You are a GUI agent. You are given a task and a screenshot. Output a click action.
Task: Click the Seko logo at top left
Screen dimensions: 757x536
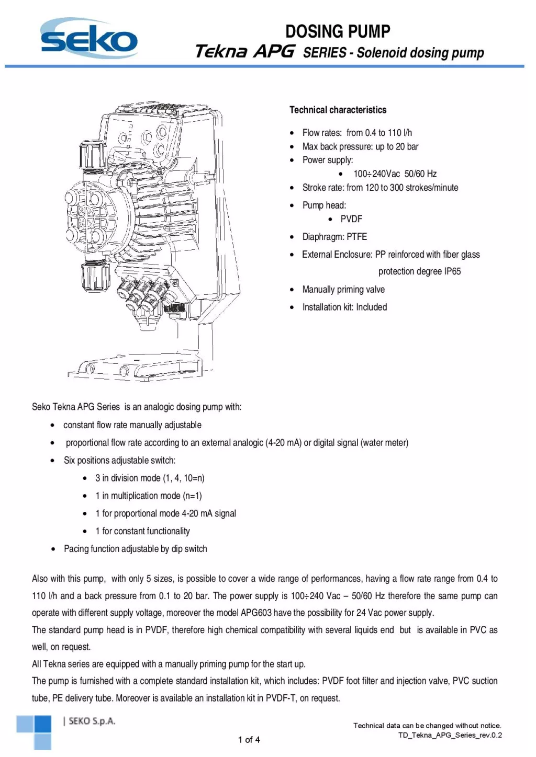coord(89,39)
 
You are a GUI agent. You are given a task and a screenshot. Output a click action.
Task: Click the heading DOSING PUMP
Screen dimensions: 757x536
coord(338,31)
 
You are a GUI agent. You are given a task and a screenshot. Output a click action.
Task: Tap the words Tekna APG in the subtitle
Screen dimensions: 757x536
coord(244,52)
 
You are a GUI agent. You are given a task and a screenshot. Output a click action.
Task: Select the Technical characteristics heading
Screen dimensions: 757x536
coord(338,110)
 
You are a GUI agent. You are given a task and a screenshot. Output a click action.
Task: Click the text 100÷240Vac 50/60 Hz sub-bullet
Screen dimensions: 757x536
coord(395,174)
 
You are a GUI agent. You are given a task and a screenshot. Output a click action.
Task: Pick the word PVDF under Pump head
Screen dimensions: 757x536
coord(351,219)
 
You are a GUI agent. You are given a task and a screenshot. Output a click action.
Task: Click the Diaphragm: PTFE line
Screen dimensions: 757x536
coord(334,237)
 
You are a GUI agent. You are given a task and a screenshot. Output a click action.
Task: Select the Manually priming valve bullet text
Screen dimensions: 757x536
coord(343,290)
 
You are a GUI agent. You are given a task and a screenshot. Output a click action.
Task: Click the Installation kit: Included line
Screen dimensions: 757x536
coord(344,307)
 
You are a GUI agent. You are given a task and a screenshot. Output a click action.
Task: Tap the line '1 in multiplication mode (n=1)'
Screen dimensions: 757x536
coord(148,496)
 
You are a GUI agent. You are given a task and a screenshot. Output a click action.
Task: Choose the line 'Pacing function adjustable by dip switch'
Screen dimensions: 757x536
coord(135,549)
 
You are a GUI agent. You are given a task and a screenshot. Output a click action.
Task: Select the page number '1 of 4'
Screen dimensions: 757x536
coord(249,740)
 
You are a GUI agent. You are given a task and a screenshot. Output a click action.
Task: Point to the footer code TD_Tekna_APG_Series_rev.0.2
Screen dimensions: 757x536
coord(450,735)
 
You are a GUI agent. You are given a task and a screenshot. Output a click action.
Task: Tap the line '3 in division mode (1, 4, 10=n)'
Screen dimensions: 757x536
coord(150,478)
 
